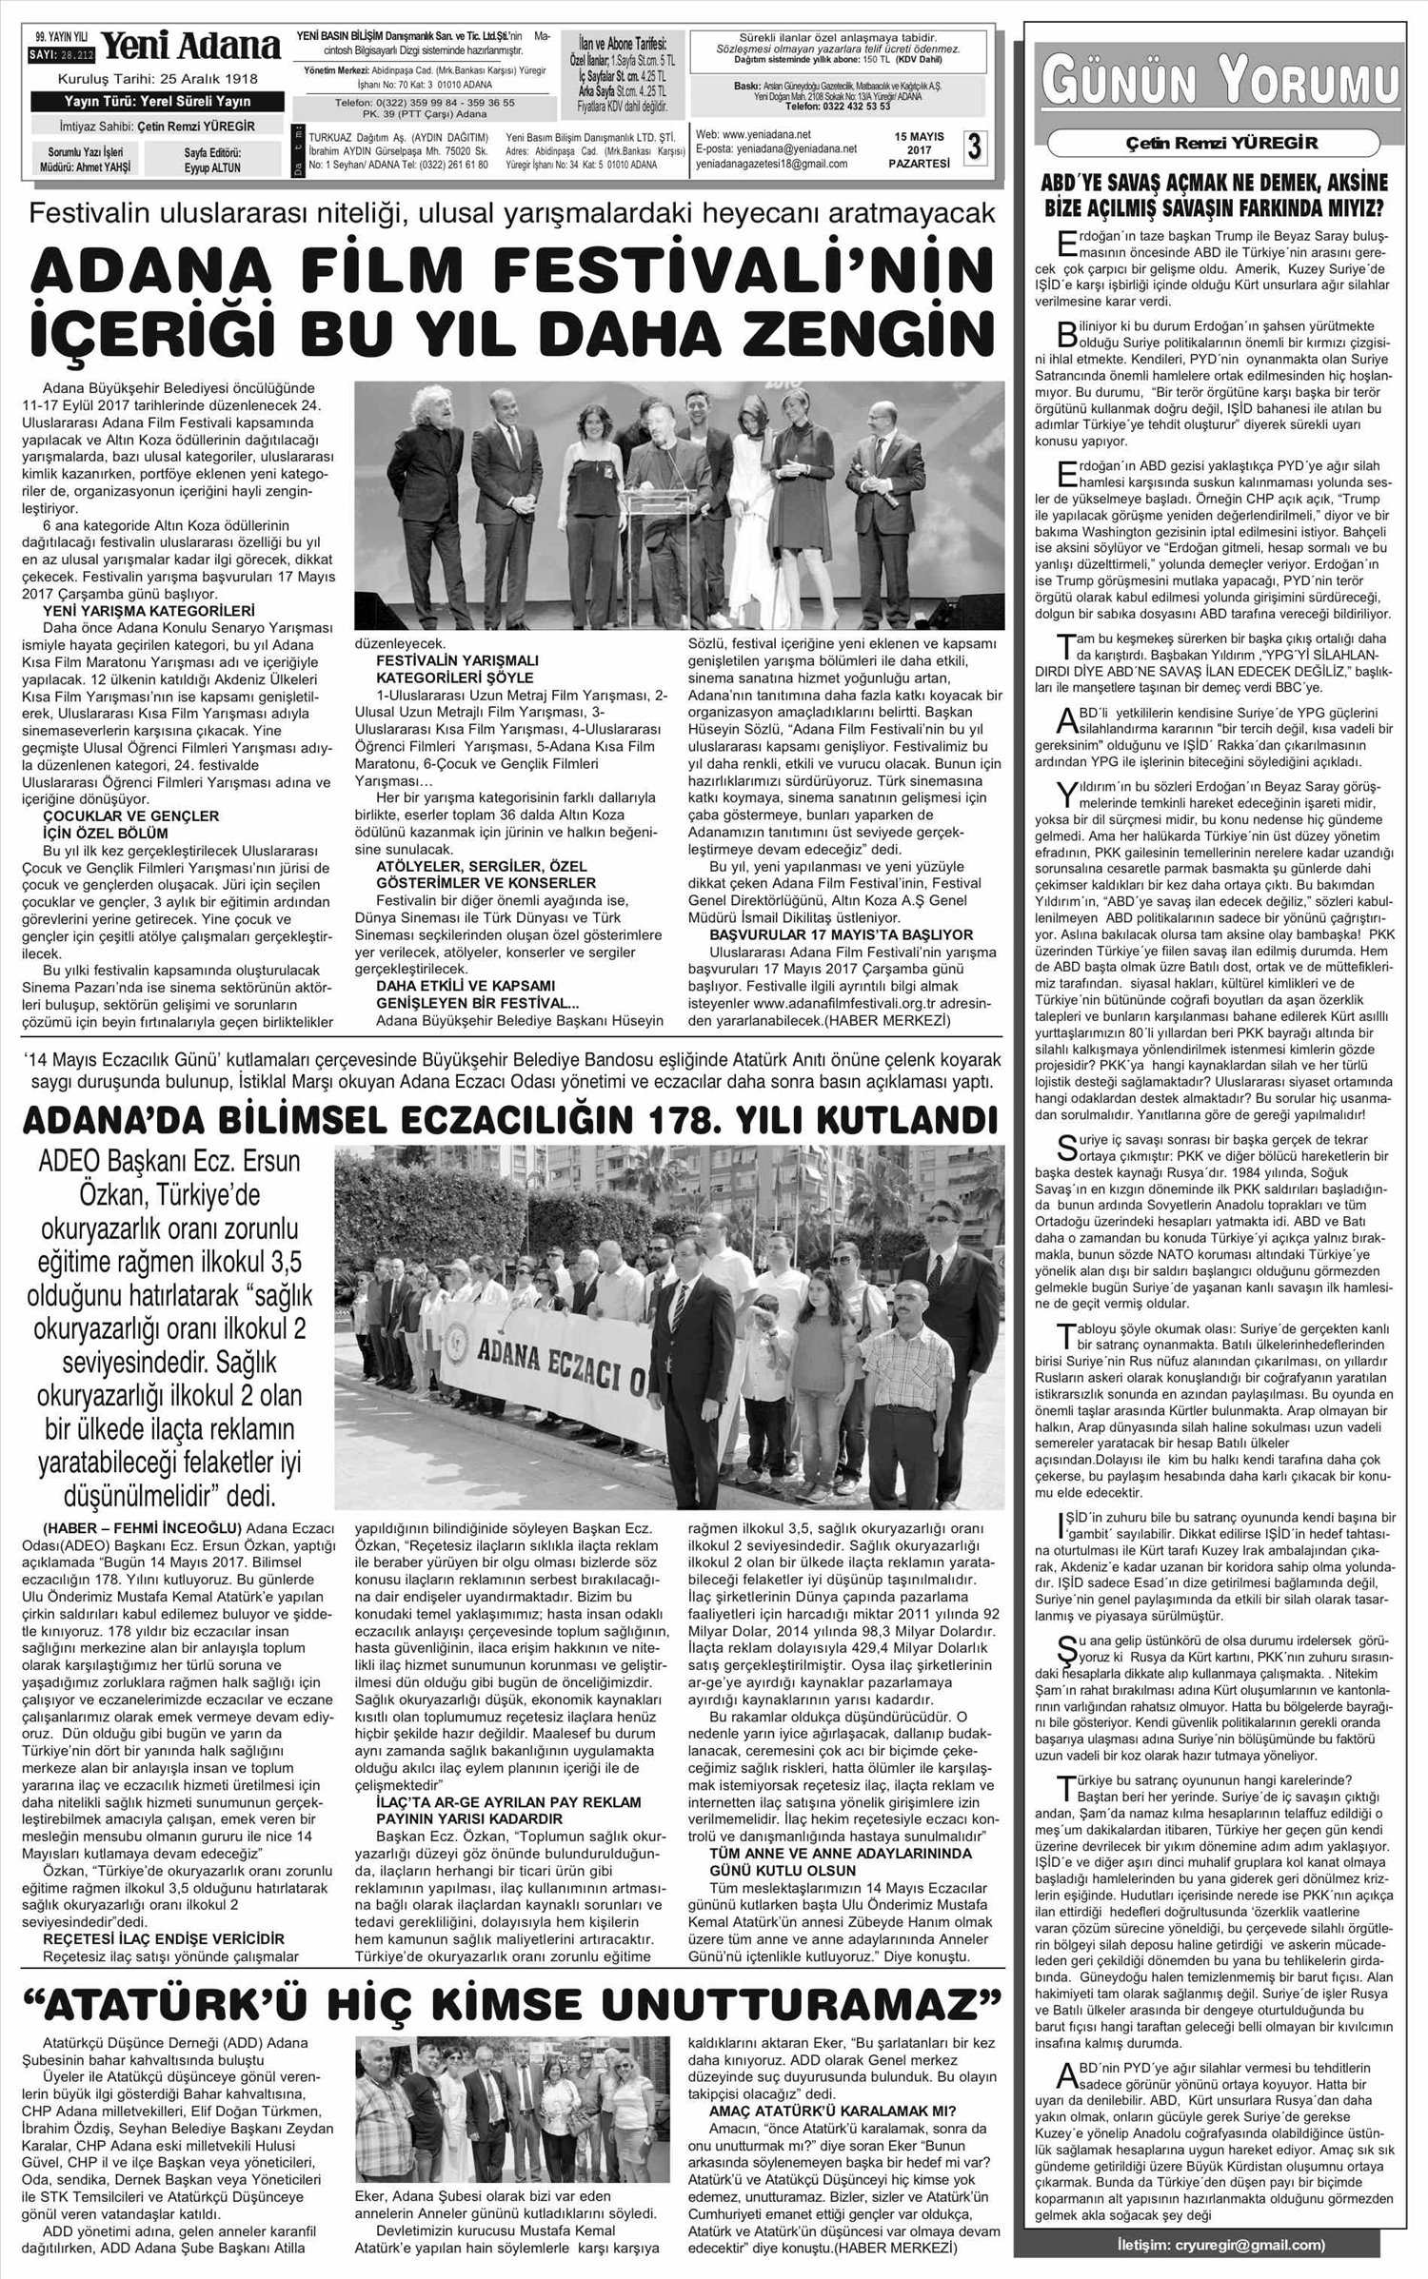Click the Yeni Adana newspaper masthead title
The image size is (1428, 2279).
(190, 46)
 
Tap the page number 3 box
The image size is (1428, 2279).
(975, 147)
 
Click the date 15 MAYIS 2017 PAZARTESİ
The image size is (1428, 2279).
(920, 149)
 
